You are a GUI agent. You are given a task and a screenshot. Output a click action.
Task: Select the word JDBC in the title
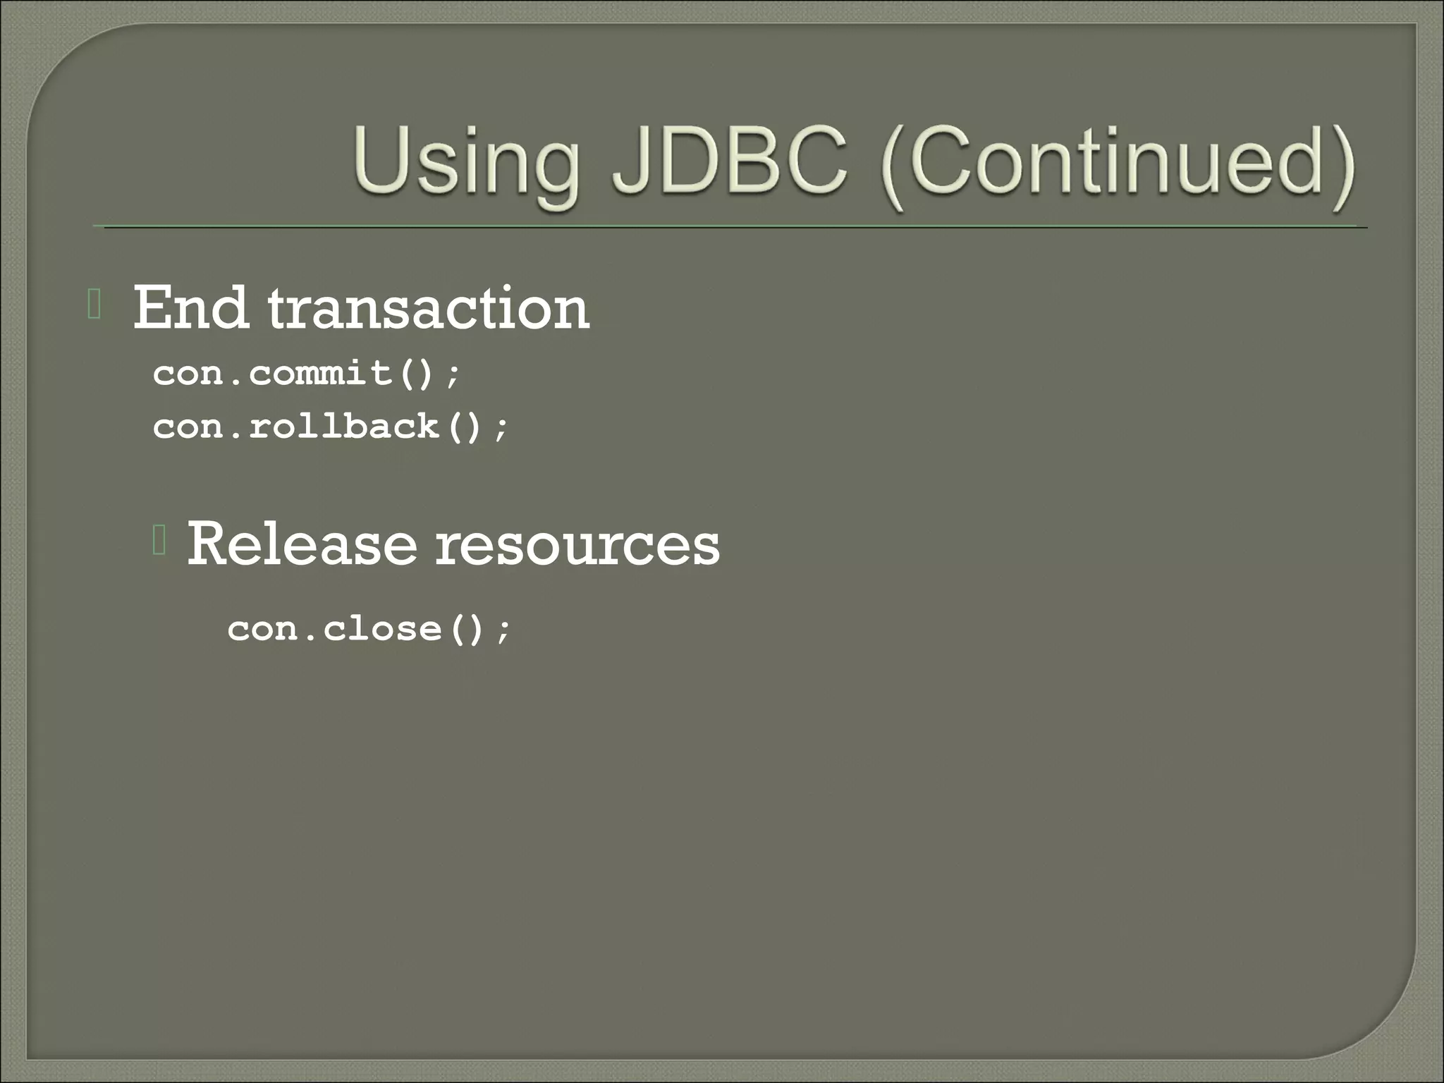click(730, 162)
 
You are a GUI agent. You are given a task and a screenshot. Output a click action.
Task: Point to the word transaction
click(429, 309)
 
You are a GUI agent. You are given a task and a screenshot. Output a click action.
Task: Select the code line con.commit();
click(307, 373)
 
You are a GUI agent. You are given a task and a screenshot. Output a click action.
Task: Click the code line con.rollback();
click(330, 427)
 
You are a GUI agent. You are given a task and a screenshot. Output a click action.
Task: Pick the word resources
click(577, 545)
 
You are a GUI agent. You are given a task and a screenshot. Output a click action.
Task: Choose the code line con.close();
click(368, 628)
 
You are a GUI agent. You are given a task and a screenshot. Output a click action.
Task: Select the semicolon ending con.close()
click(503, 630)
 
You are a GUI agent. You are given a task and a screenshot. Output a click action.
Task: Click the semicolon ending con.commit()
click(453, 375)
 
